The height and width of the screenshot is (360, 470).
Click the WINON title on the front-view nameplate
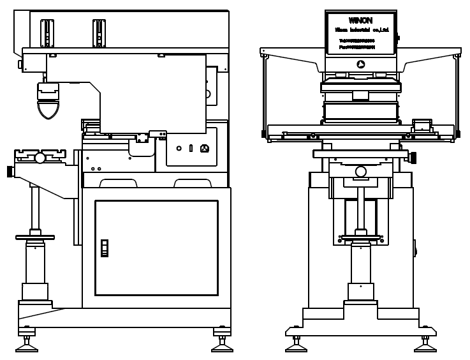click(x=360, y=20)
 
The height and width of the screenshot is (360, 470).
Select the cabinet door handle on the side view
click(x=105, y=248)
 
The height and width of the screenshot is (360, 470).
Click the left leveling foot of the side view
click(x=27, y=345)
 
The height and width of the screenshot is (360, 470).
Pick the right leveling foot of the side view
click(x=221, y=345)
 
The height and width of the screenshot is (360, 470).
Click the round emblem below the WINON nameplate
click(x=361, y=64)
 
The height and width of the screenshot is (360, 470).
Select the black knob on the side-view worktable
click(x=10, y=171)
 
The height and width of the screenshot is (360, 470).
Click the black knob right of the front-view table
click(x=413, y=157)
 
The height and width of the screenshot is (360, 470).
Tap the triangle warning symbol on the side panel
click(x=205, y=148)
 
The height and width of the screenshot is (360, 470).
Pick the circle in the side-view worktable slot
click(x=40, y=158)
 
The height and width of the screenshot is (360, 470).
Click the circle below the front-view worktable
click(x=361, y=171)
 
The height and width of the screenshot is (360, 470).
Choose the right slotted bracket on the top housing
click(x=99, y=33)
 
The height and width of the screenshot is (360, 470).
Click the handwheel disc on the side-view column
click(x=35, y=237)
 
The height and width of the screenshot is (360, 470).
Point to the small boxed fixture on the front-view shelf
click(x=422, y=125)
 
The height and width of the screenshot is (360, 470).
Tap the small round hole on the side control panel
click(x=179, y=148)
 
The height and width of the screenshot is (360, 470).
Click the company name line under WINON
click(x=360, y=30)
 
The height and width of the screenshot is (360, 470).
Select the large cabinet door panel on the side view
click(x=156, y=248)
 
